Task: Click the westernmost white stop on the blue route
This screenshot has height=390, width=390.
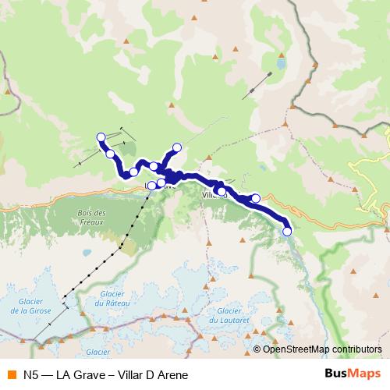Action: point(101,137)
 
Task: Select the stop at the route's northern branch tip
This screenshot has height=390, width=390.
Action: point(177,147)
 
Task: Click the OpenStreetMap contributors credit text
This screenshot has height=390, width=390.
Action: point(322,349)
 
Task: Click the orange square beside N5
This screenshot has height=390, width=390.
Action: point(11,374)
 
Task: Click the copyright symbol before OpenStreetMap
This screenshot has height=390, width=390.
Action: point(257,349)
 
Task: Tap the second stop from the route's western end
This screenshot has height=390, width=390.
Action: point(111,154)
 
